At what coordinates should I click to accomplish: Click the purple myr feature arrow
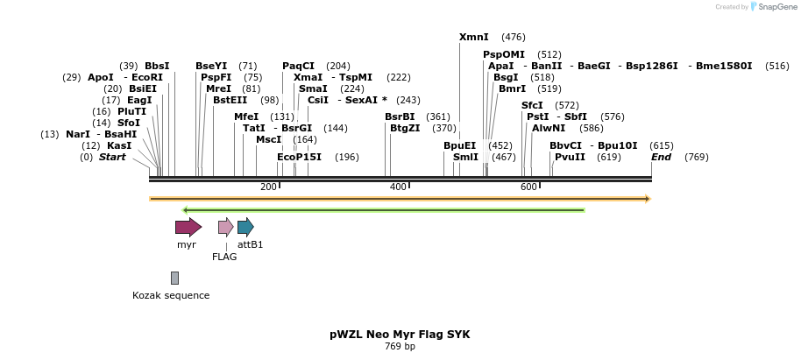coord(188,228)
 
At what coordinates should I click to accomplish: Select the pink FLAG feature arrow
coord(225,228)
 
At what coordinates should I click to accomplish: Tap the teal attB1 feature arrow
coord(245,228)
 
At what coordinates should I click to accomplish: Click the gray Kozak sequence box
coord(174,278)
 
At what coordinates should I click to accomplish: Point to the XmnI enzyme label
coord(473,37)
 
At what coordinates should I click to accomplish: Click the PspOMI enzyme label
coord(503,54)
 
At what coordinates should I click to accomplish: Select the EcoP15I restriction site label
coord(299,157)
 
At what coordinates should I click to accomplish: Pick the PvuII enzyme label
coord(570,157)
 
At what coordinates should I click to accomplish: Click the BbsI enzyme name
coord(157,66)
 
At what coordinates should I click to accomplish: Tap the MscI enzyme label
coord(268,139)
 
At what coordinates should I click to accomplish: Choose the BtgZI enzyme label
coord(405,128)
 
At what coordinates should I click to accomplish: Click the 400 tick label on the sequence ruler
coord(398,187)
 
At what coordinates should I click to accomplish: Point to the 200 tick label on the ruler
coord(268,187)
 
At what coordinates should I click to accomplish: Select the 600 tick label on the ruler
coord(528,187)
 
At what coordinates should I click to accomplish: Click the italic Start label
coord(112,157)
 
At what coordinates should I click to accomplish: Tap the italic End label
coord(661,157)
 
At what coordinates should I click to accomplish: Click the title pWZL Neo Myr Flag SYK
coord(400,335)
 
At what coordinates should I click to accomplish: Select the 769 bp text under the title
coord(400,347)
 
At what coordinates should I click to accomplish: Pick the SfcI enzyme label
coord(532,105)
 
